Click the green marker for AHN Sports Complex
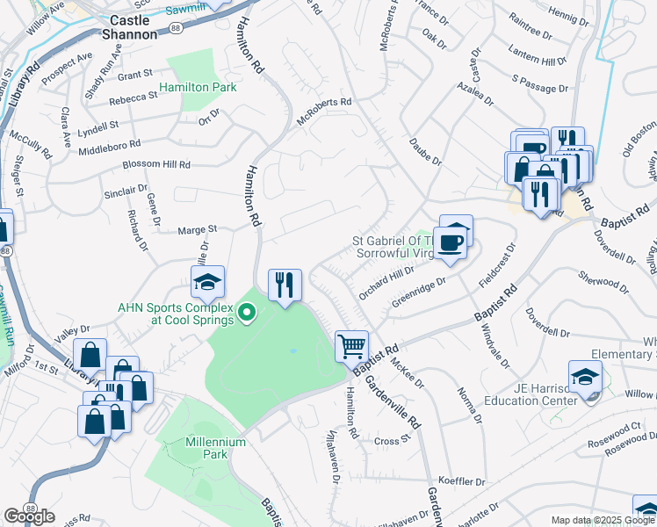point(247,311)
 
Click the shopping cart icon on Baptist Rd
point(351,345)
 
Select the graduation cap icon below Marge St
point(207,282)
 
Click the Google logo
point(29,516)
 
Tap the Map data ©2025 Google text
point(603,520)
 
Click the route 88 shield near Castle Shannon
point(176,29)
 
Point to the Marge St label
point(198,229)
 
